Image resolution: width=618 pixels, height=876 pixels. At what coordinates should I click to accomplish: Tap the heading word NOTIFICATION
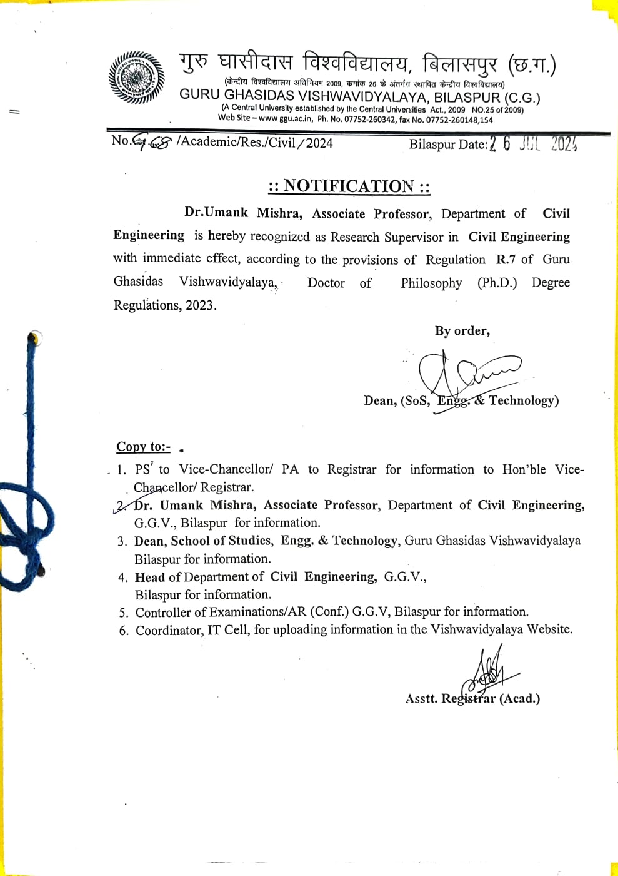[x=348, y=186]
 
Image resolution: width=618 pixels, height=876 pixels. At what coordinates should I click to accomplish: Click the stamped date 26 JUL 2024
[x=533, y=144]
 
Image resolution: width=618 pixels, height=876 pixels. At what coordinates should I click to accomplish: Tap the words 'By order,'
[x=462, y=330]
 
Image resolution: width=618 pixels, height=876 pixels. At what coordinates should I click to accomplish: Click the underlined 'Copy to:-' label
[x=143, y=446]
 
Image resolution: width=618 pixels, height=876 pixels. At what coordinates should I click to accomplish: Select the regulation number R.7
[x=505, y=259]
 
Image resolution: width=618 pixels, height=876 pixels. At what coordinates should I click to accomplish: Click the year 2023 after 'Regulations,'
[x=200, y=305]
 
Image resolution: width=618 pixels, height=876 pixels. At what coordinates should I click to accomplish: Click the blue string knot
[x=19, y=526]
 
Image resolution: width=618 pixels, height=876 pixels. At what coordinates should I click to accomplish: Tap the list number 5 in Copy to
[x=124, y=613]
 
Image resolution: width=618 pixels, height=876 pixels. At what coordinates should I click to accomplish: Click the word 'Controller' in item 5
[x=164, y=612]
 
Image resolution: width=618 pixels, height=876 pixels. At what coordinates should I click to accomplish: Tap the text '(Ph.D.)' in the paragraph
[x=497, y=282]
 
